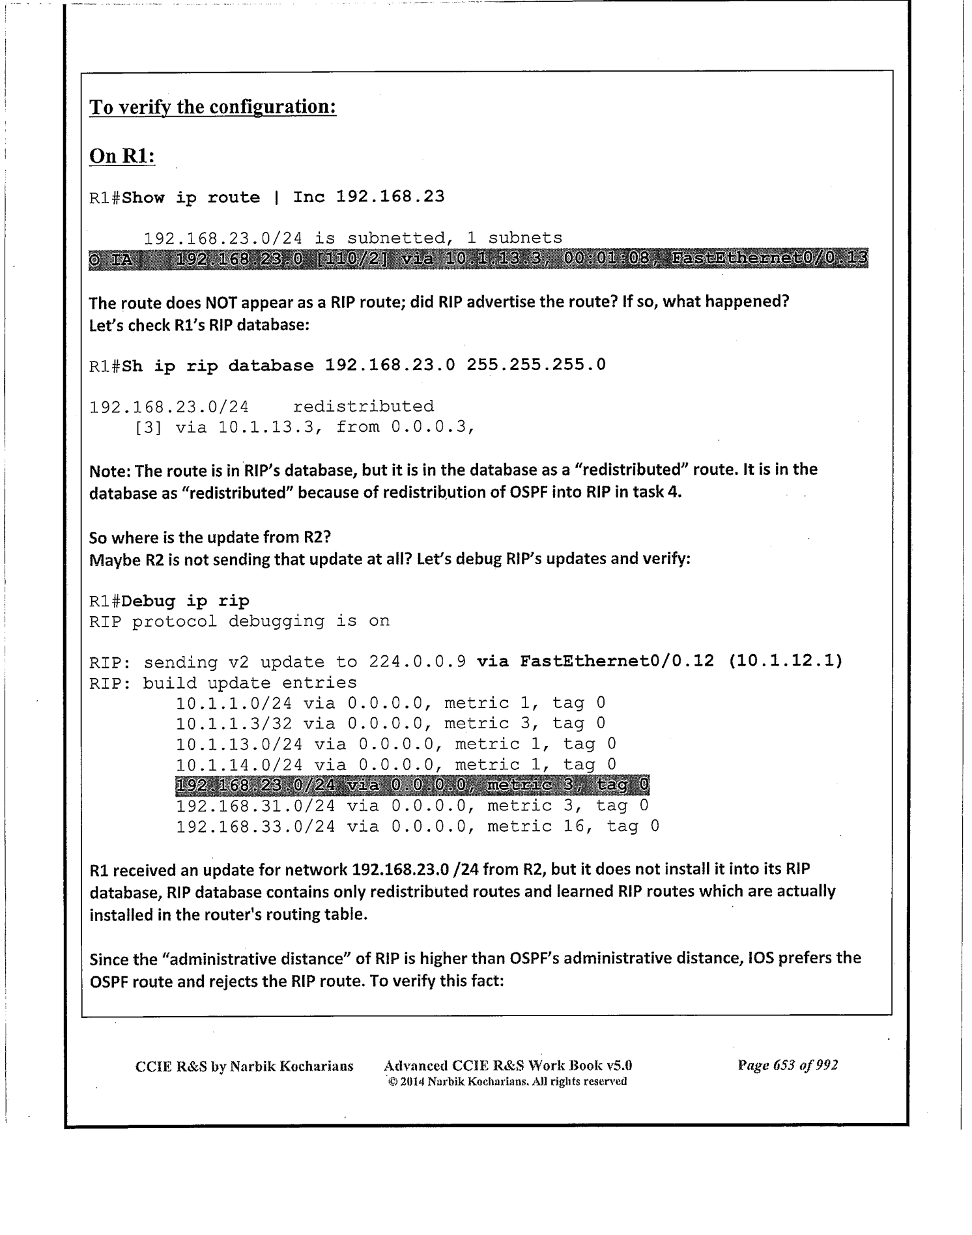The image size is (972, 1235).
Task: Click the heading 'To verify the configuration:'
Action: click(x=212, y=107)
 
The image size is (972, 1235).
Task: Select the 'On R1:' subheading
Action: click(x=122, y=156)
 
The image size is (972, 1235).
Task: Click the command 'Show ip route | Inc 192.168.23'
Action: click(x=283, y=197)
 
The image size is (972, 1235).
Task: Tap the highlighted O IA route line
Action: click(x=478, y=259)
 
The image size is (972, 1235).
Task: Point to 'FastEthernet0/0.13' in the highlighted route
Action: click(x=769, y=259)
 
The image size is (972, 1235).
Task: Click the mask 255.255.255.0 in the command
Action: click(x=536, y=365)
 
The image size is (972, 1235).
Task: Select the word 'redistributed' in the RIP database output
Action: click(x=363, y=406)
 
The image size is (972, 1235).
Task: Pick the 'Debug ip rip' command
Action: click(x=185, y=601)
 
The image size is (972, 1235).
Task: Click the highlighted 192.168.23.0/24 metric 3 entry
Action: click(x=412, y=786)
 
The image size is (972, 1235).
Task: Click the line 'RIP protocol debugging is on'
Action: click(x=239, y=621)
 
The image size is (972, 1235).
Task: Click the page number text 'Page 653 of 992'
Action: click(x=787, y=1066)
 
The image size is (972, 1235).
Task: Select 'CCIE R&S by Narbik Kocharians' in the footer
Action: click(x=244, y=1066)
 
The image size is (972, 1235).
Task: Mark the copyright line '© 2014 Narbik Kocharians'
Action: click(x=507, y=1082)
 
